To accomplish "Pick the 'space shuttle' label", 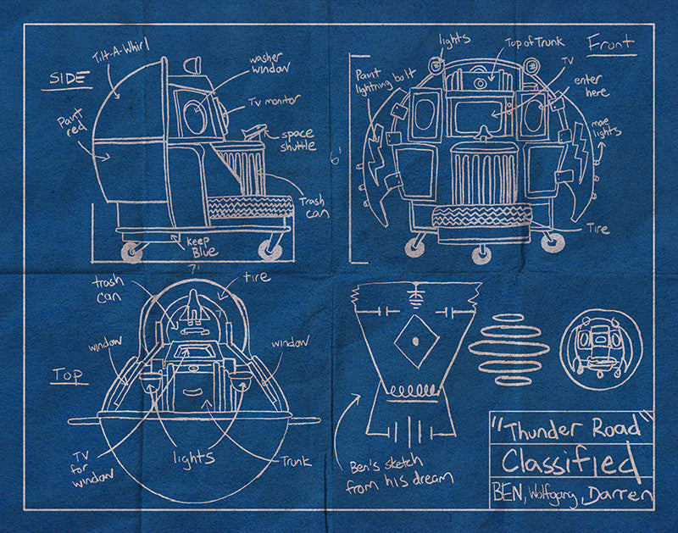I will click(x=297, y=139).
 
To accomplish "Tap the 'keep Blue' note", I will click(x=202, y=247).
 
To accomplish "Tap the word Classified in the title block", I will click(x=569, y=463).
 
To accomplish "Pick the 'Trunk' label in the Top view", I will click(x=297, y=462).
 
